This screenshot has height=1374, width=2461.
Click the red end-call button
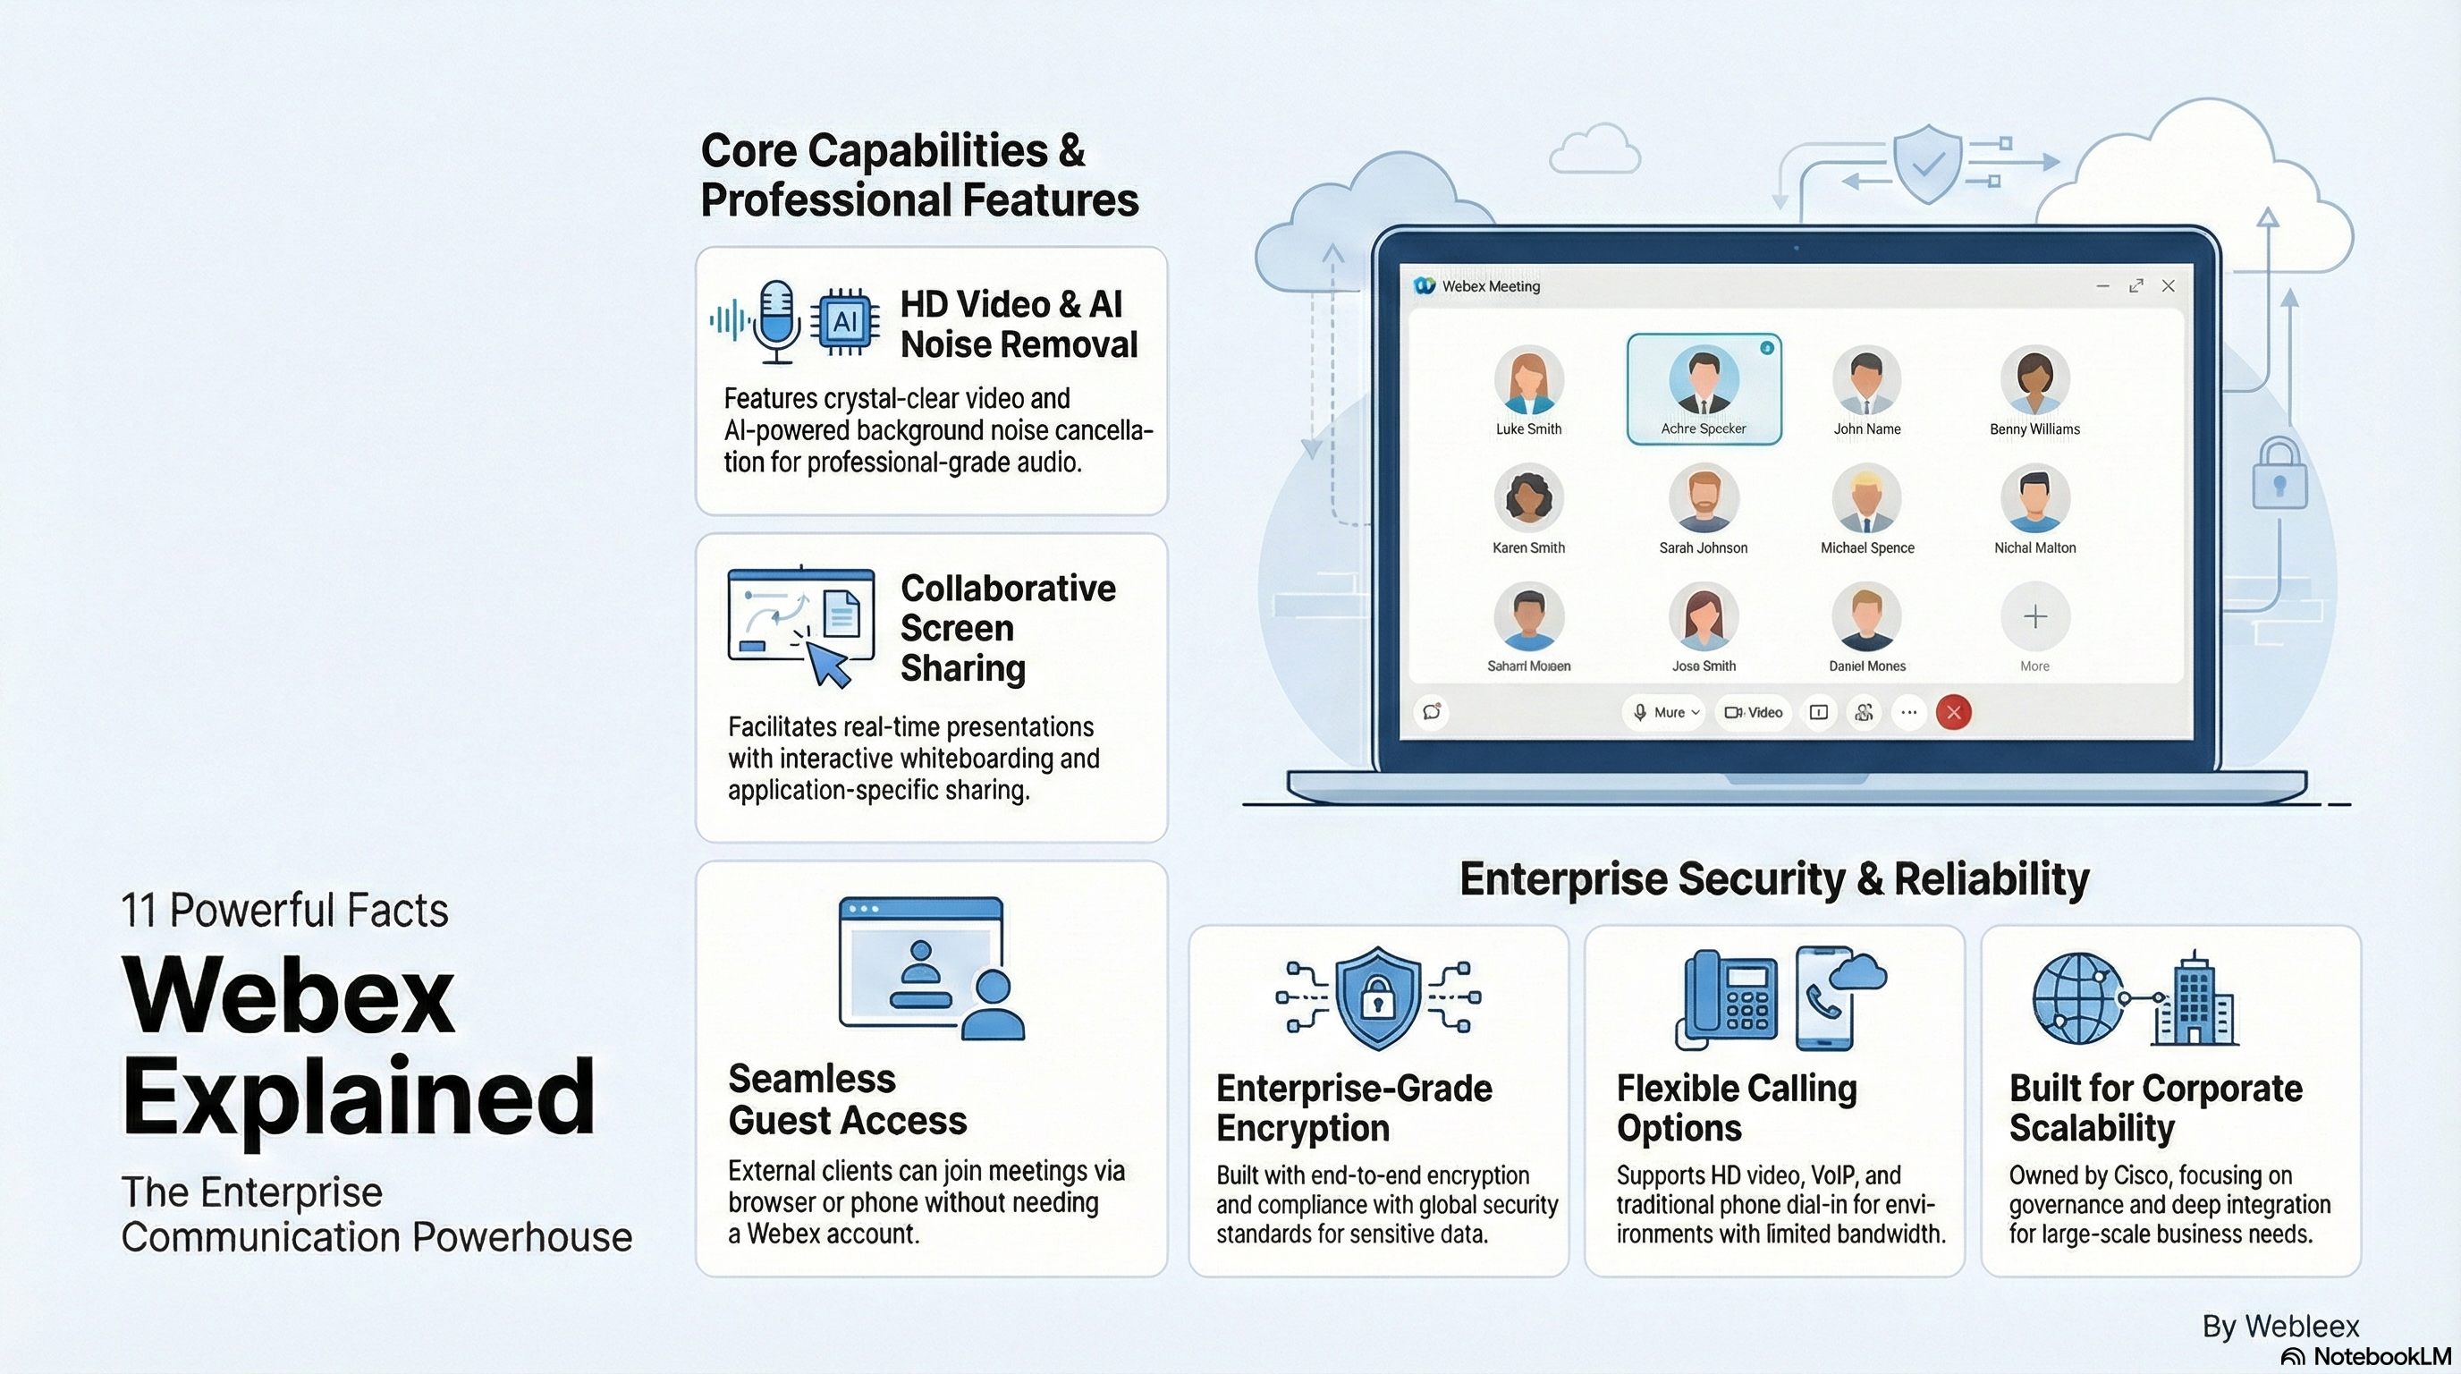point(1954,712)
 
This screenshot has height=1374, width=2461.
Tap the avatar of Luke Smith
point(1528,379)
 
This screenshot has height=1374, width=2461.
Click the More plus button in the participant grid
point(2035,617)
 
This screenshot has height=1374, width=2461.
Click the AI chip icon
point(844,321)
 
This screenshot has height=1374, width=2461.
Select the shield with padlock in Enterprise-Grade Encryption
point(1376,997)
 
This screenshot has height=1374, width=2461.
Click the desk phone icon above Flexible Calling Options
point(1729,999)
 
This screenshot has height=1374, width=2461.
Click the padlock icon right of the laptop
point(2279,475)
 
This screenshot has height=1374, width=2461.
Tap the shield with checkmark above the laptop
point(1927,164)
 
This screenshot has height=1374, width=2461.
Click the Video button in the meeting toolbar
point(1754,712)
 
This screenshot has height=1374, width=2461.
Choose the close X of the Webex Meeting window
point(2168,285)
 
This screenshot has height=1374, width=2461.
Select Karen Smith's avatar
point(1528,498)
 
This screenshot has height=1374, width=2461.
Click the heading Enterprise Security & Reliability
point(1774,878)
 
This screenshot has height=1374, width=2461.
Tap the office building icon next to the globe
point(2195,999)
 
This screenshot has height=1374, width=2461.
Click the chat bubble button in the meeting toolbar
point(1431,712)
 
